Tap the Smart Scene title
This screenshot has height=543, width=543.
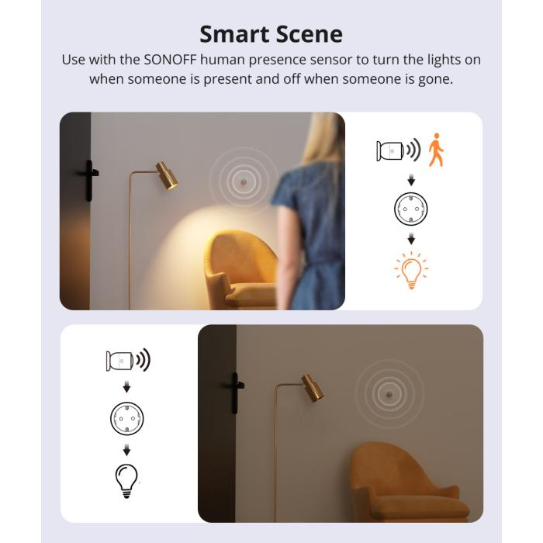point(271,34)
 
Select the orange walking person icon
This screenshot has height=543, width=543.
point(437,150)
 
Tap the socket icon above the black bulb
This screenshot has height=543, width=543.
point(127,418)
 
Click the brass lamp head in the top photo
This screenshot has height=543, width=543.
point(166,175)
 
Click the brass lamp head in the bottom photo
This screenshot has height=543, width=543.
point(312,388)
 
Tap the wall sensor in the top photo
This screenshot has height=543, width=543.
point(243,181)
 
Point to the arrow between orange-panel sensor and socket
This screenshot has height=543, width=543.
point(411,180)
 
